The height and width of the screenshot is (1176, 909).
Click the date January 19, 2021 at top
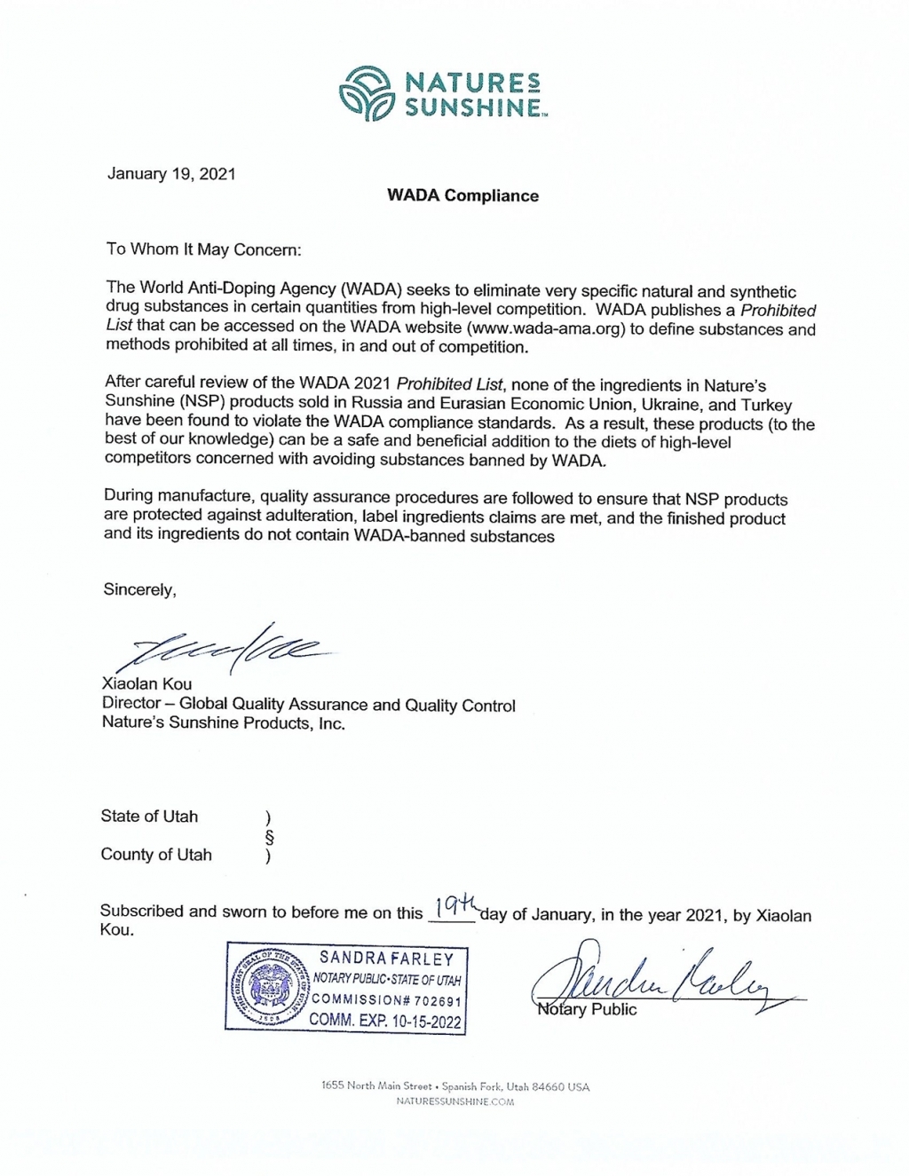171,174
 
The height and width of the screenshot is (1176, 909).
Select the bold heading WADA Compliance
462,196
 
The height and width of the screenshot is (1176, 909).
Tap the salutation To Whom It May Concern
204,249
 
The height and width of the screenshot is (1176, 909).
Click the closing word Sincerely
139,589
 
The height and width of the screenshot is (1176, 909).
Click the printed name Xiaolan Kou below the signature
146,684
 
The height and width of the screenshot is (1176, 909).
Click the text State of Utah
149,817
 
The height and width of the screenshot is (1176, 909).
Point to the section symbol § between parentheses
270,837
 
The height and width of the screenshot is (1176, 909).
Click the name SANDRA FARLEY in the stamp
386,959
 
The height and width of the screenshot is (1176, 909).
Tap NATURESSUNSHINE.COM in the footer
455,1102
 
